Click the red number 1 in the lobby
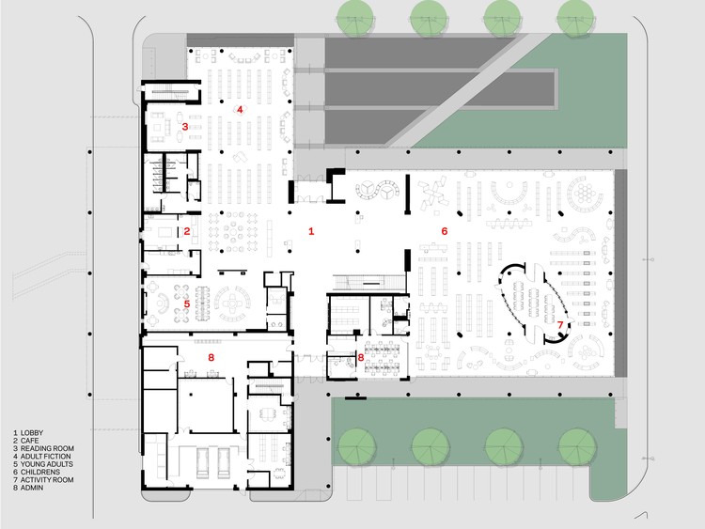click(311, 231)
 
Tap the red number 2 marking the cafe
click(187, 231)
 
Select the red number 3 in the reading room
click(185, 127)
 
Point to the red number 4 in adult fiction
click(240, 109)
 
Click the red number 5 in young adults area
click(187, 303)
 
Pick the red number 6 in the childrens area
click(445, 231)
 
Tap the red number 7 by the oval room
click(560, 324)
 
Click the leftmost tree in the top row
click(355, 17)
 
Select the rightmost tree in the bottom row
click(577, 446)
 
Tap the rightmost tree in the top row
click(575, 17)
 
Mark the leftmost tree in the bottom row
click(356, 446)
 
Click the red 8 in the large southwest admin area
click(211, 358)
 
